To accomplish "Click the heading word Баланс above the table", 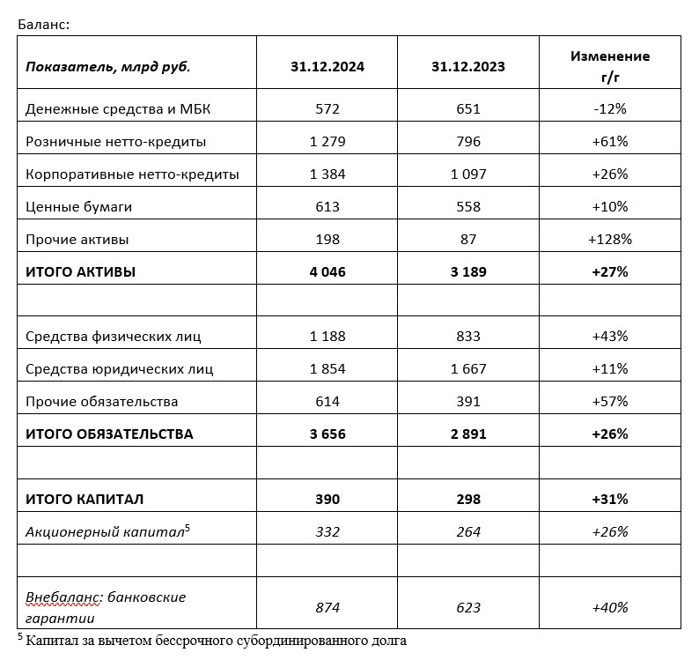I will [42, 24].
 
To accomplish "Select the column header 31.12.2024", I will [327, 66].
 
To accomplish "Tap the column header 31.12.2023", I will [468, 66].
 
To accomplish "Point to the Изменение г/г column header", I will [610, 66].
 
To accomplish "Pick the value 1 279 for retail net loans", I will [327, 142].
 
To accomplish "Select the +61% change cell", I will [610, 142].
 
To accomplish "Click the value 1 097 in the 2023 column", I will [468, 174].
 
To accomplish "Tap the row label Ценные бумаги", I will [78, 207].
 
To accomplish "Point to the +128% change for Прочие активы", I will [610, 240].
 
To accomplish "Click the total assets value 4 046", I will [327, 272].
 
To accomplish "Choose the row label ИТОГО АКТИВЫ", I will [80, 272].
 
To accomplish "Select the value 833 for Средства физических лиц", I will [468, 337].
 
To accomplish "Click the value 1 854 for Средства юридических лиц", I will [327, 369].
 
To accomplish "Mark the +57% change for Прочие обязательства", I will [610, 402].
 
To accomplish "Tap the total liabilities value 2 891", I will [468, 434].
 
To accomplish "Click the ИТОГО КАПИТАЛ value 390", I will [327, 500].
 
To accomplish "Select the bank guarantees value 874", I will [327, 607].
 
